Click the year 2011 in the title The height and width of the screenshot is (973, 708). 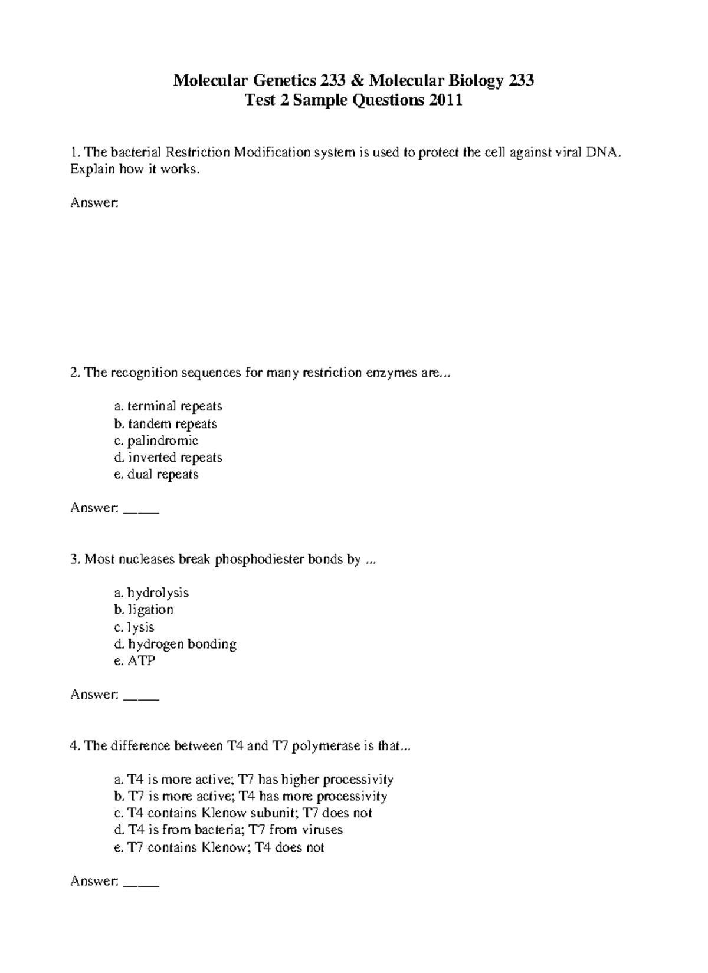point(445,101)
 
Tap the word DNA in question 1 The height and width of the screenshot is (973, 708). point(602,153)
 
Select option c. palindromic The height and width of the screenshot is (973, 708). point(156,441)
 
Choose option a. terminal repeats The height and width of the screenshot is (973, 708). point(168,406)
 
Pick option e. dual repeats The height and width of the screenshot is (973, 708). point(156,475)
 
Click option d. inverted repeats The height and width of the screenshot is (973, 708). point(168,458)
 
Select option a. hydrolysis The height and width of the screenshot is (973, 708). point(151,593)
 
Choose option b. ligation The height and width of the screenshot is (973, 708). point(143,610)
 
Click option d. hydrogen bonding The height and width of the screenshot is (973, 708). point(175,644)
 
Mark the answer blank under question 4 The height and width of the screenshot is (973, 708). point(141,883)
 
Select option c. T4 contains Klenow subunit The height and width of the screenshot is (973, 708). point(242,813)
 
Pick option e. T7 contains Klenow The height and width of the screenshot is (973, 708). point(219,848)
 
